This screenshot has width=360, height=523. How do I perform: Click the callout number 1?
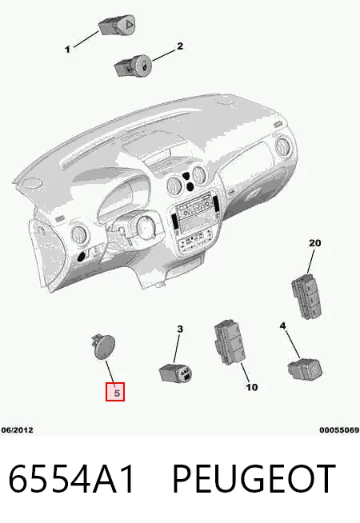(67, 50)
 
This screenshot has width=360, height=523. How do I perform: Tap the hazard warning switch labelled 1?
(117, 26)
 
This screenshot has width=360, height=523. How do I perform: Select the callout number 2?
(180, 46)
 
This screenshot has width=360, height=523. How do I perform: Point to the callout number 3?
(180, 329)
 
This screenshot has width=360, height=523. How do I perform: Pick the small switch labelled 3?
(175, 373)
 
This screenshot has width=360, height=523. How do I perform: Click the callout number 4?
(282, 325)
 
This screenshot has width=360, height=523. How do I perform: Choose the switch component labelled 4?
(305, 369)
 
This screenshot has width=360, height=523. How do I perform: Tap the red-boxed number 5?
(115, 392)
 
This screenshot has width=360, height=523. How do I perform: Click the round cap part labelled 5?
(102, 346)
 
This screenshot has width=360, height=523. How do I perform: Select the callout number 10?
(251, 387)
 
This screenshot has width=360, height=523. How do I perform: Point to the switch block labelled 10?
(230, 342)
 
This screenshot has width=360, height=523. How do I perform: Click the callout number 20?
(314, 243)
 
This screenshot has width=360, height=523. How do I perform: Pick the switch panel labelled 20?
(307, 296)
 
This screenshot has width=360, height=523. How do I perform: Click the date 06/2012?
(18, 430)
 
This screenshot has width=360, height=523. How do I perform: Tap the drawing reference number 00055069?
(339, 430)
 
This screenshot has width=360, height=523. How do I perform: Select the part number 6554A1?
(71, 479)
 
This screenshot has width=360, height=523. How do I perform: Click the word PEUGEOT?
(254, 479)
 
